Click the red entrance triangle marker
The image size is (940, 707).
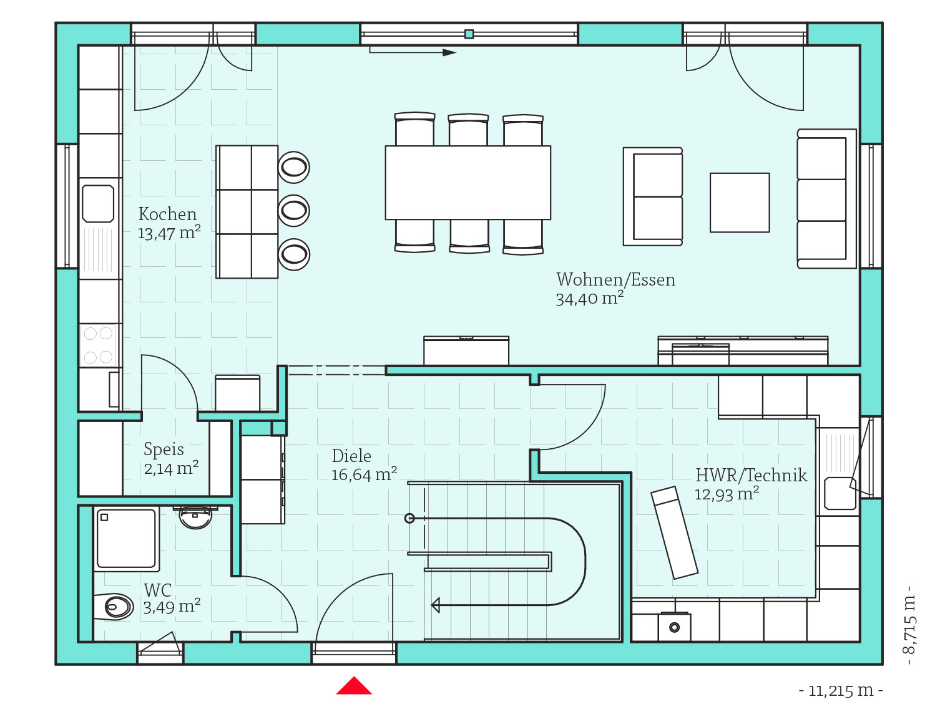click(x=354, y=685)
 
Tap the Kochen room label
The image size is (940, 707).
click(x=167, y=214)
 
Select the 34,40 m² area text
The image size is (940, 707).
click(x=589, y=298)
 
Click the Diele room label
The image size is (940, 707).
click(x=351, y=456)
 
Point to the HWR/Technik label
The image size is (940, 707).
click(x=751, y=475)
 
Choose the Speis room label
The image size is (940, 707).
click(x=164, y=449)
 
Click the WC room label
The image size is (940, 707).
click(x=157, y=590)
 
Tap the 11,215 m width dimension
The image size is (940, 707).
click(x=841, y=691)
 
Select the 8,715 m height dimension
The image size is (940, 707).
click(x=909, y=625)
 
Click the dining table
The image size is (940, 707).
click(x=468, y=183)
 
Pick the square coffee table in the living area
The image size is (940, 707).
click(x=740, y=203)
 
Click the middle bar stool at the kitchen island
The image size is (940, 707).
click(x=294, y=211)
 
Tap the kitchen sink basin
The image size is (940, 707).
click(x=98, y=204)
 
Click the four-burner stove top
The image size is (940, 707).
click(x=98, y=345)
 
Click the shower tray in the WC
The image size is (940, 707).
click(x=126, y=539)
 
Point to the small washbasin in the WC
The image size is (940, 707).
click(x=195, y=517)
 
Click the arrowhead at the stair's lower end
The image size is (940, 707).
click(x=436, y=605)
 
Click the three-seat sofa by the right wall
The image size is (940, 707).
click(x=826, y=199)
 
